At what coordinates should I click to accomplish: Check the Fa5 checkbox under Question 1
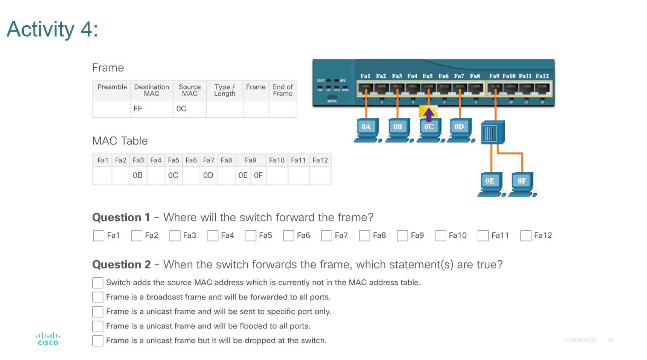point(250,235)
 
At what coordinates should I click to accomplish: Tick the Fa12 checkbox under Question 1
point(525,235)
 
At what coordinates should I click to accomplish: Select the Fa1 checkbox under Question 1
point(99,235)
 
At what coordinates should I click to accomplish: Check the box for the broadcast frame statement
point(98,297)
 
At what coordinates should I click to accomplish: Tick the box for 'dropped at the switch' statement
point(98,341)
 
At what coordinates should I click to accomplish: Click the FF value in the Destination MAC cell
point(138,109)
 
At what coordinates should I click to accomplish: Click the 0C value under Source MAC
point(181,109)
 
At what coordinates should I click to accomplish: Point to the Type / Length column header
point(225,90)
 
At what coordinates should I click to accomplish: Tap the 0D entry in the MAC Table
point(208,175)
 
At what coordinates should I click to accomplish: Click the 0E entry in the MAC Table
point(243,175)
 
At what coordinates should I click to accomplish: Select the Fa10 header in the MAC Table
point(277,160)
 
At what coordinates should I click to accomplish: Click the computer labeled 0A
point(366,130)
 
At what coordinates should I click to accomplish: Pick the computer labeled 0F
point(522,184)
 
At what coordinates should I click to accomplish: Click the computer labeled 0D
point(459,130)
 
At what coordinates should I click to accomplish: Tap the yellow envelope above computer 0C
point(428,112)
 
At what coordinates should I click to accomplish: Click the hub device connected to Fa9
point(493,132)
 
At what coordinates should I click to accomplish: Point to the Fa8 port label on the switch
point(475,76)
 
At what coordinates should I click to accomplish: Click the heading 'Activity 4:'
point(52,29)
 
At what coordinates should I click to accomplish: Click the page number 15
point(610,340)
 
